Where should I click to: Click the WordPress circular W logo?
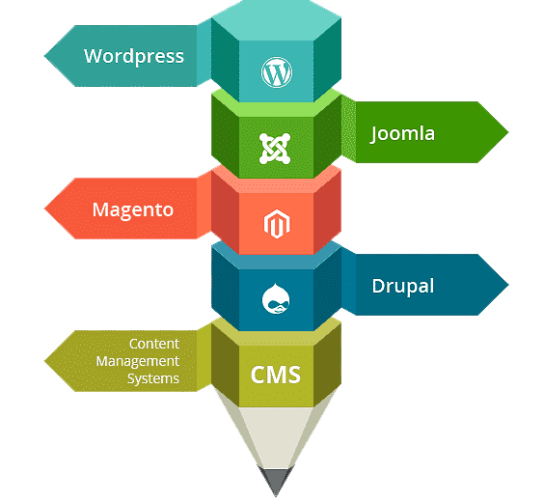pos(277,72)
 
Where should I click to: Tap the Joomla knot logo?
pos(275,149)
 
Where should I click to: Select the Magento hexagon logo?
pos(277,224)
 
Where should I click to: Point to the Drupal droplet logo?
pos(276,298)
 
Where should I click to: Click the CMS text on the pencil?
pos(276,375)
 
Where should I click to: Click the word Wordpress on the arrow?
pos(134,56)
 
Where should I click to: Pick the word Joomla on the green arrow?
pos(402,134)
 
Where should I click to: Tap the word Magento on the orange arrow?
pos(133,210)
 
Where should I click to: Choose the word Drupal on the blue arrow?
pos(403,287)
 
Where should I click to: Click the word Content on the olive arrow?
pos(154,344)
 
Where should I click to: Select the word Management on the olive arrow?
pos(138,361)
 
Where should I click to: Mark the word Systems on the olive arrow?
pos(153,378)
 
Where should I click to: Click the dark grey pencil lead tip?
pos(276,496)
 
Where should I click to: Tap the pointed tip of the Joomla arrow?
pos(508,132)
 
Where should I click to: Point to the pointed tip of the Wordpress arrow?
pos(44,56)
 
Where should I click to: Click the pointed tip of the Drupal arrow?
pos(508,285)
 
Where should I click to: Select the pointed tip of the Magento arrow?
pos(44,209)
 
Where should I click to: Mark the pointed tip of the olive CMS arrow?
pos(44,361)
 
